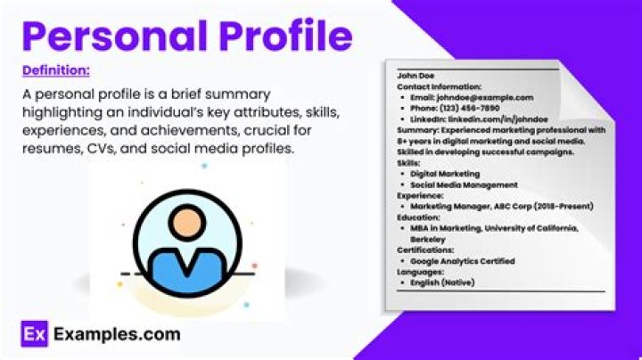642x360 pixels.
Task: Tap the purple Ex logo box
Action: pyautogui.click(x=33, y=335)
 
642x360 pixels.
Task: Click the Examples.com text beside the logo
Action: pyautogui.click(x=117, y=335)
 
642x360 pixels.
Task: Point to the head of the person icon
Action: pyautogui.click(x=189, y=219)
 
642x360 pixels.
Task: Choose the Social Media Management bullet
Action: pyautogui.click(x=464, y=184)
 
